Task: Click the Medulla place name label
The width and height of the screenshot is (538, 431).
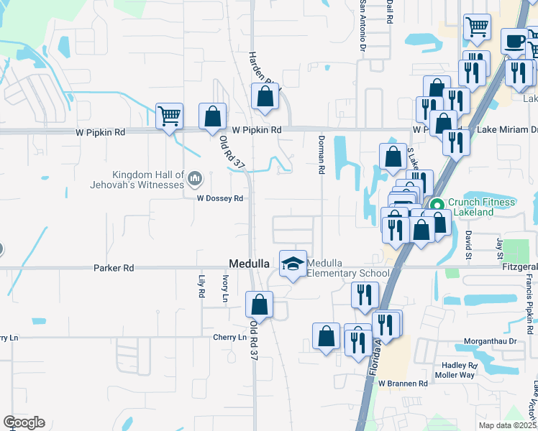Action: pos(248,263)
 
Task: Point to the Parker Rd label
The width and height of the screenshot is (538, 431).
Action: pos(114,268)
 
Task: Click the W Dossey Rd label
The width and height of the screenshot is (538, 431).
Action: pos(220,198)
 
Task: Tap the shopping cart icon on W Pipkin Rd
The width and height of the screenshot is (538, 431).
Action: pos(169,115)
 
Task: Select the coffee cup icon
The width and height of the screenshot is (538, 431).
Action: pos(514,42)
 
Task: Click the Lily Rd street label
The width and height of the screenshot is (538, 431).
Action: pos(201,287)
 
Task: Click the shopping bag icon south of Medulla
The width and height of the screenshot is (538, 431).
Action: pos(259,305)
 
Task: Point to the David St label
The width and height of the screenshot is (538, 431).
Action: pos(468,244)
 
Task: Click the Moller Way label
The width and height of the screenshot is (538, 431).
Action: pos(455,374)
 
